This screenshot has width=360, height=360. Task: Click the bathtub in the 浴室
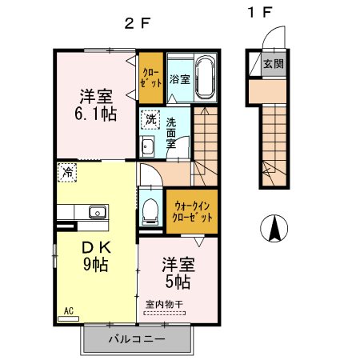pyautogui.click(x=206, y=77)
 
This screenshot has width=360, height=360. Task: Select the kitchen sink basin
pyautogui.click(x=98, y=212)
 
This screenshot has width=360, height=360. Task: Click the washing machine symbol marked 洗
pyautogui.click(x=150, y=120)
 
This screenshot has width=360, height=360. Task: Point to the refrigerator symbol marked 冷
pyautogui.click(x=67, y=173)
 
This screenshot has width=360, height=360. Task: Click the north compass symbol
pyautogui.click(x=274, y=228)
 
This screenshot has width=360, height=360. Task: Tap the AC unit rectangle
pyautogui.click(x=69, y=318)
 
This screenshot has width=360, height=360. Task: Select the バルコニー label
pyautogui.click(x=137, y=339)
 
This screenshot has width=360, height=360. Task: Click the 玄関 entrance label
pyautogui.click(x=274, y=64)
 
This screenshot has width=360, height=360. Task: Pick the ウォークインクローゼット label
pyautogui.click(x=192, y=212)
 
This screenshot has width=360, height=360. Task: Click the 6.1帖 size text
pyautogui.click(x=95, y=114)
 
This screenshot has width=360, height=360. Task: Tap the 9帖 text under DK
pyautogui.click(x=96, y=264)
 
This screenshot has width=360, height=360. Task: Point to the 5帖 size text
pyautogui.click(x=178, y=282)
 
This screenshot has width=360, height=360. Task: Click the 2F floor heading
pyautogui.click(x=138, y=23)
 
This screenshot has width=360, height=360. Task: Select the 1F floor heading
pyautogui.click(x=260, y=12)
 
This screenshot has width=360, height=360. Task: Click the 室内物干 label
pyautogui.click(x=164, y=304)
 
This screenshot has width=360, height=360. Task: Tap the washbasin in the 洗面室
pyautogui.click(x=147, y=146)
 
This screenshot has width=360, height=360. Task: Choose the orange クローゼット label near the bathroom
pyautogui.click(x=151, y=78)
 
